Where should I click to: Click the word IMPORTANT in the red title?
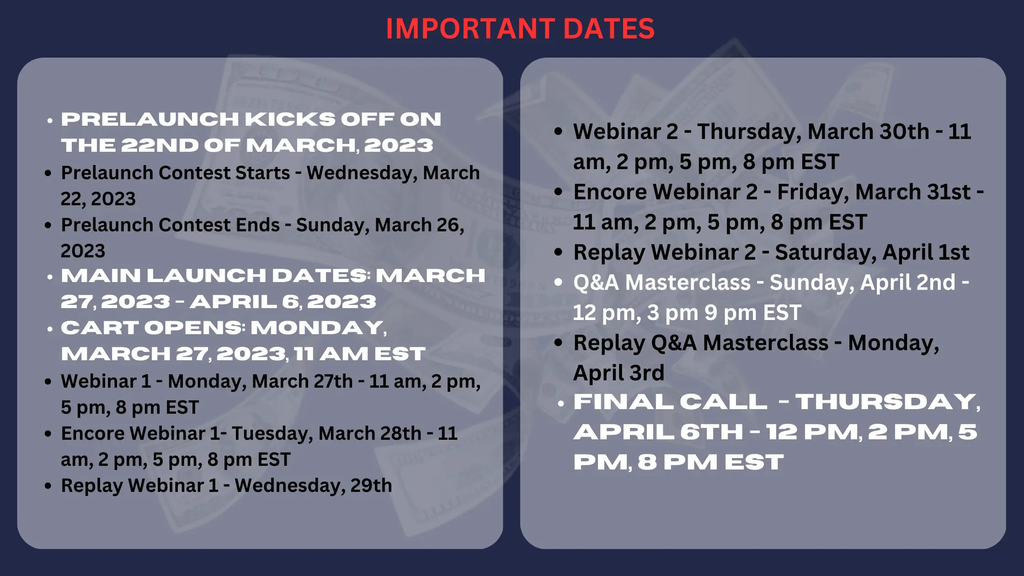[470, 29]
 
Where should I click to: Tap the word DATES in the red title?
[609, 29]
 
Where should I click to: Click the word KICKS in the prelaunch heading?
[290, 119]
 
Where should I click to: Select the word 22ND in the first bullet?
[160, 145]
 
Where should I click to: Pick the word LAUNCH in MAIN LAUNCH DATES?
[206, 276]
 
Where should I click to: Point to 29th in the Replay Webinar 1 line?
[371, 485]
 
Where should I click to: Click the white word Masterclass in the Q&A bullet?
[688, 283]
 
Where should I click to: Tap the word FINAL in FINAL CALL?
[623, 402]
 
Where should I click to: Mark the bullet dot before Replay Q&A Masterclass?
[558, 342]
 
